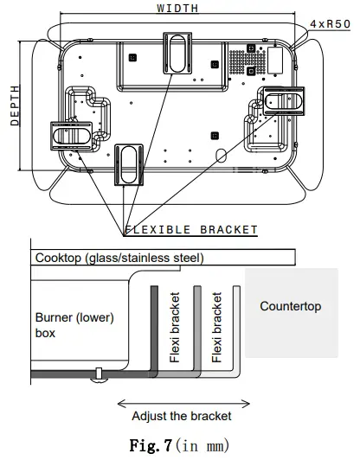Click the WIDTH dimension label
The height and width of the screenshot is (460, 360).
tap(177, 8)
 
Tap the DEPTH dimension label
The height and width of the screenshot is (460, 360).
tap(15, 105)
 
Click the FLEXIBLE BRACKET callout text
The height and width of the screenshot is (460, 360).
tap(191, 230)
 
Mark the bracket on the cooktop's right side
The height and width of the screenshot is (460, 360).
tap(283, 102)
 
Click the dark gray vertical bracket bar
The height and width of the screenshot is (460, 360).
tap(155, 329)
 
